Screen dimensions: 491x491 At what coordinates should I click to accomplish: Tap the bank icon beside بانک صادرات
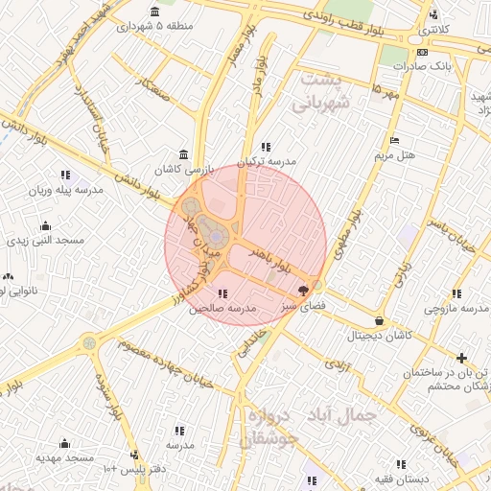point(424,53)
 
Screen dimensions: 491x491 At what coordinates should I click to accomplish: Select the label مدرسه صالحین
point(222,309)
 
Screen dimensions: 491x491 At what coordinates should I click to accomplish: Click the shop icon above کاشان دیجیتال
point(380,321)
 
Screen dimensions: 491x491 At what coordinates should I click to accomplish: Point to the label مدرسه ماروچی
point(457,309)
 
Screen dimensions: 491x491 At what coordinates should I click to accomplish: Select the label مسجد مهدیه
point(65,458)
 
